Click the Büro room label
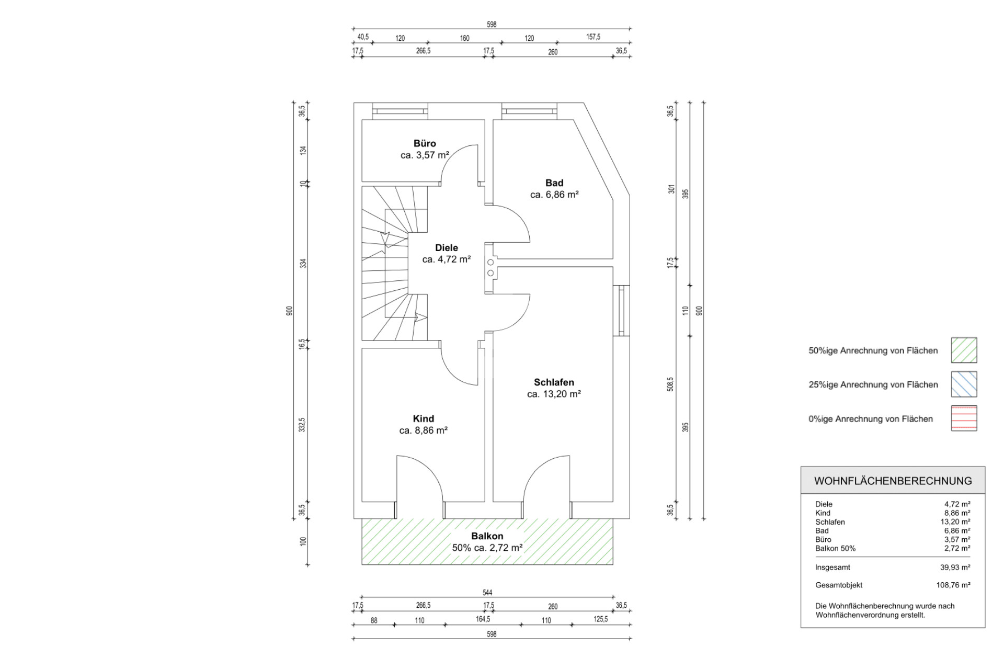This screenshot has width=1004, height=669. tap(425, 143)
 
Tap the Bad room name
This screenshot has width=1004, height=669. tap(554, 183)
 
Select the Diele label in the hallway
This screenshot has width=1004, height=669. tap(447, 248)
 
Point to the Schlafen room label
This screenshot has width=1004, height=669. tap(554, 382)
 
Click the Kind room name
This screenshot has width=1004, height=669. tap(423, 418)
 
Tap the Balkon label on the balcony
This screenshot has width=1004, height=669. tap(487, 536)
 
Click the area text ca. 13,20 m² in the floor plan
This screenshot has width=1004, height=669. tap(554, 394)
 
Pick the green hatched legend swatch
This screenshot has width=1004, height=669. tap(964, 350)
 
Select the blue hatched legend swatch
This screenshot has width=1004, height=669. tap(964, 384)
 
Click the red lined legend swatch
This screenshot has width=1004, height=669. tap(964, 418)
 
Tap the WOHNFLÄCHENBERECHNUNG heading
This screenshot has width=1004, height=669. tap(893, 481)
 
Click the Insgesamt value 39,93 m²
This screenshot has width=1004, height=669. tap(955, 567)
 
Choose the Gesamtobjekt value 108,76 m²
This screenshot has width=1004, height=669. tap(953, 585)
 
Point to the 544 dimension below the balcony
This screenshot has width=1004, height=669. tap(487, 593)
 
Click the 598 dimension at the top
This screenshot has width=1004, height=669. tap(492, 25)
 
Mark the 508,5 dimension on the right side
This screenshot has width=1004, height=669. tap(671, 384)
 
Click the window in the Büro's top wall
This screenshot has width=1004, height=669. tap(400, 111)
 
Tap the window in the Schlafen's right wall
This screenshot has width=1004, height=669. tap(621, 311)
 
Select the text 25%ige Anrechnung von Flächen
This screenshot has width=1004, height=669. tap(873, 384)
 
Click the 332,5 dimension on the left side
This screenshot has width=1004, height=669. tap(302, 425)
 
